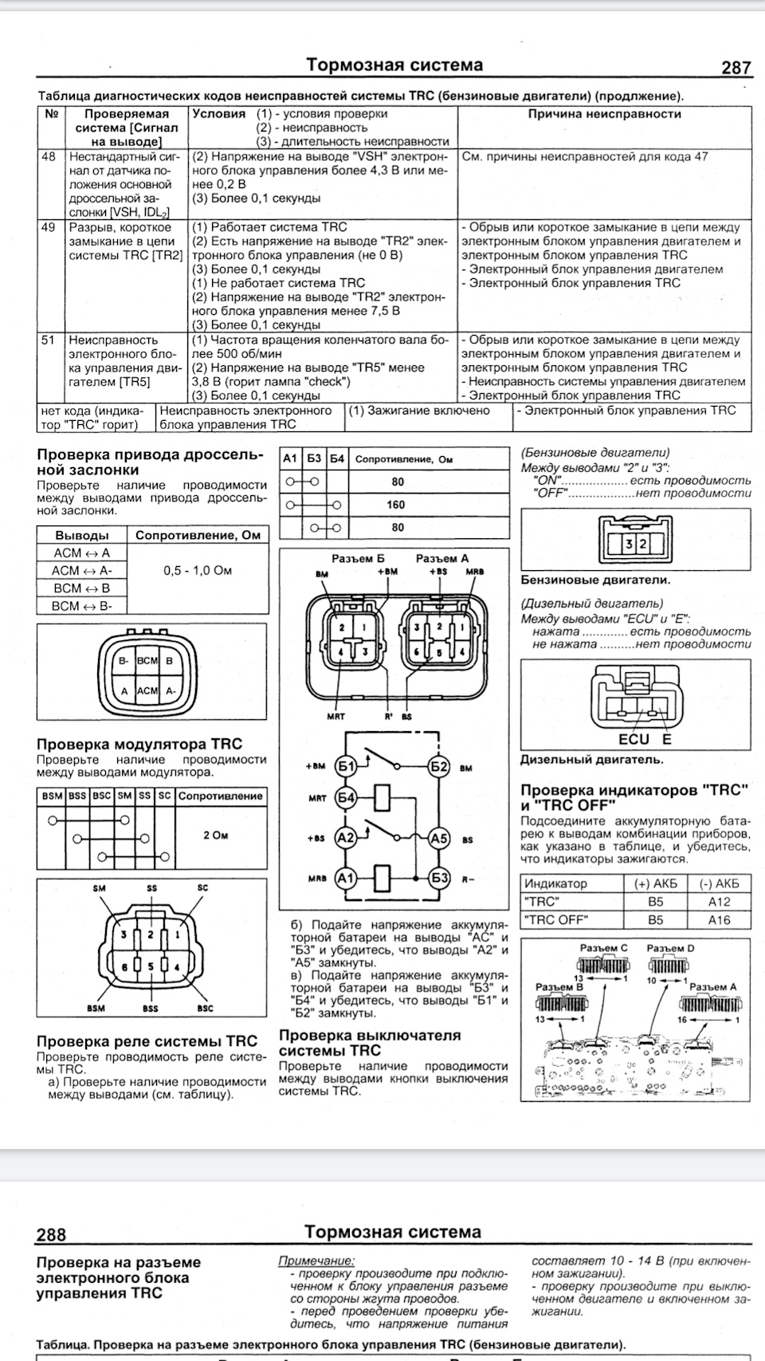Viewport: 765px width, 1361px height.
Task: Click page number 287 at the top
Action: coord(736,68)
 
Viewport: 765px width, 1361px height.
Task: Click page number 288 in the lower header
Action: coord(51,1234)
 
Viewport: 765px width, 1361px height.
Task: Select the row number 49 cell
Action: coord(49,227)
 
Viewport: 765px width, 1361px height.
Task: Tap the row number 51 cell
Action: coord(49,340)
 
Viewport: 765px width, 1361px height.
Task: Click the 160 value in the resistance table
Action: coord(396,505)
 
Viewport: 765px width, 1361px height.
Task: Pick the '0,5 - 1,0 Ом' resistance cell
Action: coord(198,571)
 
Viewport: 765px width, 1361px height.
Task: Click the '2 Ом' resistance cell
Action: coord(215,835)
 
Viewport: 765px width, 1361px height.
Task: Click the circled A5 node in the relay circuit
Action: coord(439,838)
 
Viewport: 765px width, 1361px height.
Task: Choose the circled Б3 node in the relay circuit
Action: coord(439,878)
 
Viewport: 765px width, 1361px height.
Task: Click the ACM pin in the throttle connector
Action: coord(147,690)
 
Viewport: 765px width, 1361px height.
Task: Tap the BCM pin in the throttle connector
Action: coord(147,661)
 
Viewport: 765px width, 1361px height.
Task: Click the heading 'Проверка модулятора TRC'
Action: coord(139,744)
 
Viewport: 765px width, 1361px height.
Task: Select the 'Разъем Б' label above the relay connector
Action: coord(358,558)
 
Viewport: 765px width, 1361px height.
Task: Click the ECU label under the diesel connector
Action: coord(634,738)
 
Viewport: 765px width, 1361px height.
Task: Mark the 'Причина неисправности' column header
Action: coord(604,114)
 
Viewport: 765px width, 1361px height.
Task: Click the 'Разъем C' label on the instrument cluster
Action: coord(603,948)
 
